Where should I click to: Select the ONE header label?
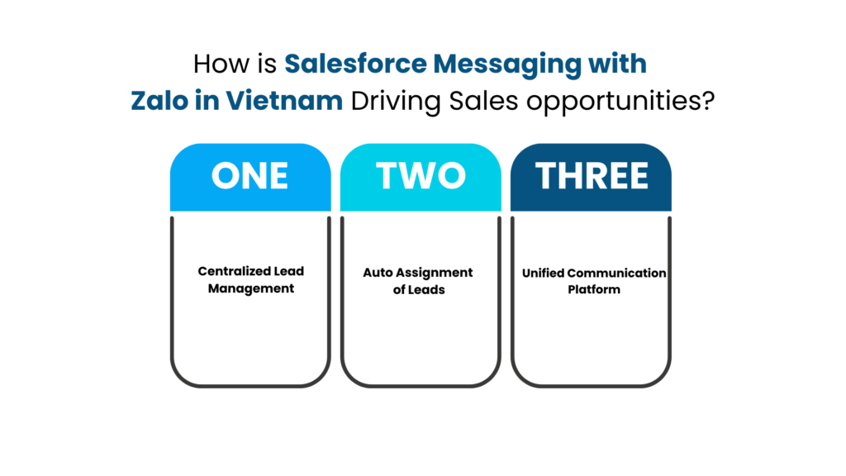(250, 176)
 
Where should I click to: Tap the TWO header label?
(421, 176)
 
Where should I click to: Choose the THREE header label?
(591, 176)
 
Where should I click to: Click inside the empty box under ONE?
(250, 297)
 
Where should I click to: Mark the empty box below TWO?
(421, 297)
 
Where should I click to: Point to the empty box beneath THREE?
(591, 297)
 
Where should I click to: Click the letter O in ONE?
(225, 176)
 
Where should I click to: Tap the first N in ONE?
(251, 176)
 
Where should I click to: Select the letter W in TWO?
(419, 176)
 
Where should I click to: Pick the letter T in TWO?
(387, 176)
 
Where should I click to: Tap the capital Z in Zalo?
(140, 102)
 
